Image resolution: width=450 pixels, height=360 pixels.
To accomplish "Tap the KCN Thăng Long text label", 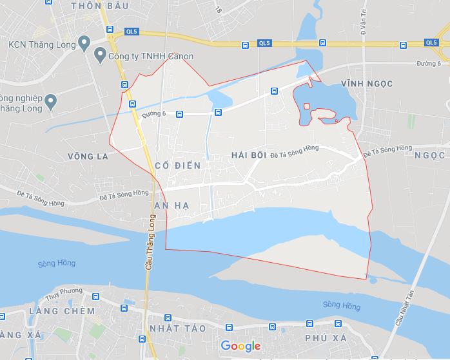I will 38,44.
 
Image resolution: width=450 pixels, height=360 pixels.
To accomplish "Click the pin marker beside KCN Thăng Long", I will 83,44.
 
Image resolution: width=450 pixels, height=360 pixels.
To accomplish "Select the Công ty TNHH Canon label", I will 151,57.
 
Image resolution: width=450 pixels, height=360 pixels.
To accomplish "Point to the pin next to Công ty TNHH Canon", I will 100,56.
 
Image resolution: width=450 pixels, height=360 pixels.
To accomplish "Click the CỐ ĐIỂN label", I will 178,166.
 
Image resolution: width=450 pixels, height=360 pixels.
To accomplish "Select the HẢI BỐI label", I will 248,155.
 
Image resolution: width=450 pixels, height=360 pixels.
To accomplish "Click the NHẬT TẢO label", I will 177,328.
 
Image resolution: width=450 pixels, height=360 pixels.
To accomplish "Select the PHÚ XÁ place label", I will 320,336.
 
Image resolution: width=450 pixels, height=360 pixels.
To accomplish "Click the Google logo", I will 240,346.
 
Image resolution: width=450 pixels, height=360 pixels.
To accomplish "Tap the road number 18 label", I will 219,10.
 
